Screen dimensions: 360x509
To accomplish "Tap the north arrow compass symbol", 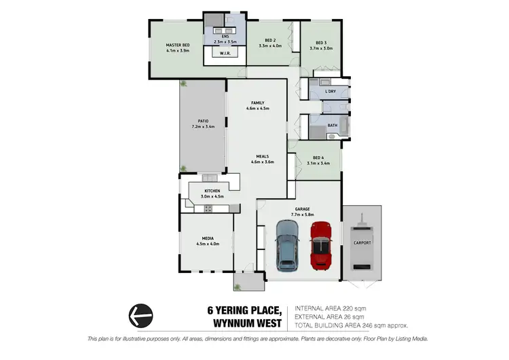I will click(140, 314).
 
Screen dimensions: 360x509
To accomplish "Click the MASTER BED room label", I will click(177, 45).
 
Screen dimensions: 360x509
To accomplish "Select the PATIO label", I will click(204, 122).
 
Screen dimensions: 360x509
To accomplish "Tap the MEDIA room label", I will click(208, 238).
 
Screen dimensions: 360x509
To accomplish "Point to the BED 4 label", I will click(318, 158).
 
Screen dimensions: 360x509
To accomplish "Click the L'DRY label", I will click(331, 92).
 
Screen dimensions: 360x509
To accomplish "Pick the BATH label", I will click(333, 125).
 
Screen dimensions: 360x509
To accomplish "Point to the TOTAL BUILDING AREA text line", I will click(350, 325).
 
